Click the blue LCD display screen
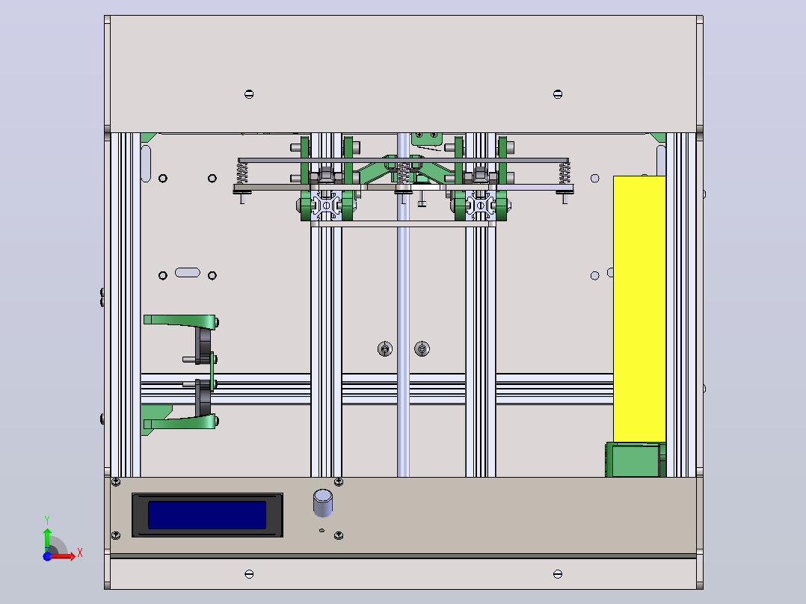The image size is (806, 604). click(207, 515)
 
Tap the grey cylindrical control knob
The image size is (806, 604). click(323, 503)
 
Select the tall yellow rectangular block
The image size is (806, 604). click(639, 309)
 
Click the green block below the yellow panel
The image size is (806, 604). click(636, 460)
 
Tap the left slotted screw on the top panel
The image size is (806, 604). click(249, 94)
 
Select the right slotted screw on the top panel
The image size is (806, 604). click(558, 94)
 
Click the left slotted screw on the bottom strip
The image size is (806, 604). click(249, 573)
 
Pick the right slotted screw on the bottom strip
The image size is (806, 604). click(558, 573)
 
